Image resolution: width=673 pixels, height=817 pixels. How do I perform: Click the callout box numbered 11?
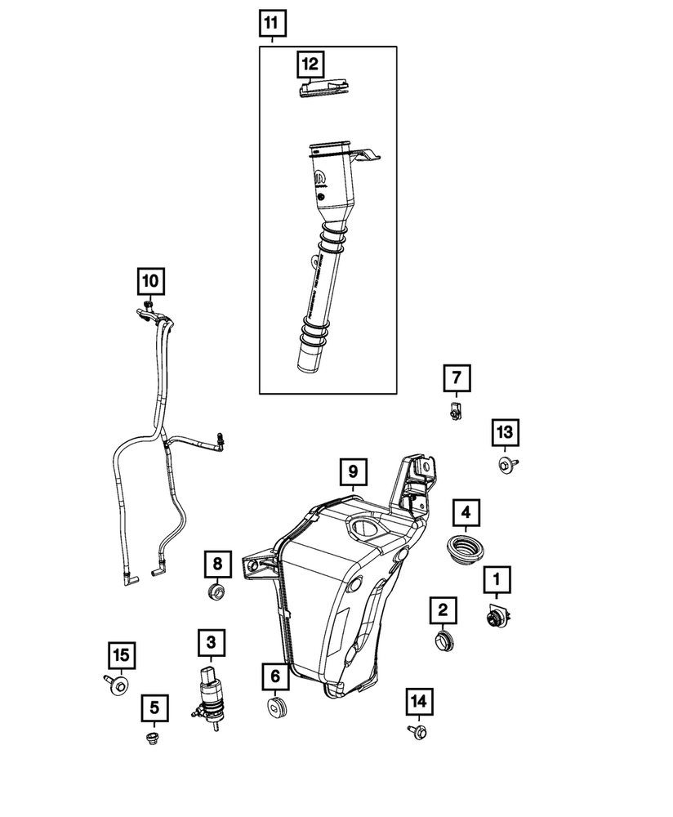pyautogui.click(x=274, y=25)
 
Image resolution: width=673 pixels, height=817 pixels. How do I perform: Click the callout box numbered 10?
pyautogui.click(x=149, y=282)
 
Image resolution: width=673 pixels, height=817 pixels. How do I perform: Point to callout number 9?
pyautogui.click(x=354, y=471)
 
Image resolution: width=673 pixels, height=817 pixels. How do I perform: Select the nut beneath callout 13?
pyautogui.click(x=504, y=467)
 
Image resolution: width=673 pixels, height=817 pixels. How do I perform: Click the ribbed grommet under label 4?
pyautogui.click(x=465, y=548)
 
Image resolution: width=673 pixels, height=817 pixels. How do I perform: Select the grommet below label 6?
pyautogui.click(x=278, y=706)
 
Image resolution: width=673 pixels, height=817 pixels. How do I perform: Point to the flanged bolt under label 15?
pyautogui.click(x=117, y=685)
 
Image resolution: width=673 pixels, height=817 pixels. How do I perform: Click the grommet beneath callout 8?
pyautogui.click(x=217, y=592)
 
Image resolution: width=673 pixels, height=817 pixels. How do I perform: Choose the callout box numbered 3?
pyautogui.click(x=210, y=643)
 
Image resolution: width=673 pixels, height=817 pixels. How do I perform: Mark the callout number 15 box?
pyautogui.click(x=121, y=654)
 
